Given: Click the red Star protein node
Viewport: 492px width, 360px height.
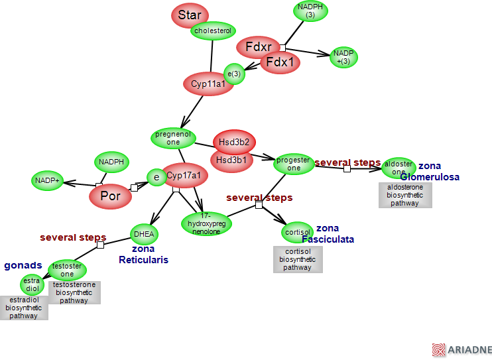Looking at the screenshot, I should pos(190,16).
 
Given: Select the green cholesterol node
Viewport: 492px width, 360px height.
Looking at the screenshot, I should pos(213,30).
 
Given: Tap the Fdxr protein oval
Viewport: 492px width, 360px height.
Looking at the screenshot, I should pos(258,47).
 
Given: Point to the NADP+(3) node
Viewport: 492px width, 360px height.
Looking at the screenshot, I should pos(343,57).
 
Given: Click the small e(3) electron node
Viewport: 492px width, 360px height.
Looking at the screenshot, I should pos(234,74).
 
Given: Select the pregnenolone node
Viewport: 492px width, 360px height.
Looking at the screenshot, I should pos(173,138).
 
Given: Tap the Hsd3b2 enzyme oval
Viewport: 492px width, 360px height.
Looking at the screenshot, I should pos(234,142).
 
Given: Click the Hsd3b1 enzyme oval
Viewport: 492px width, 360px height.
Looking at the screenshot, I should pos(231,160).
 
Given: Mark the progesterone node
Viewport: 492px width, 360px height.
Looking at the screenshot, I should pos(293,164).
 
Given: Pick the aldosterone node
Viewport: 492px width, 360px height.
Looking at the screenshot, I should pos(399,168).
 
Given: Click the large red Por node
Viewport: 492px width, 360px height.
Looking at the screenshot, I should pos(110,196).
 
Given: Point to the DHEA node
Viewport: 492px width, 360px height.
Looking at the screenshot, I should pos(144,233).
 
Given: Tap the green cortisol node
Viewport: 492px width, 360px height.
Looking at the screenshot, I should pos(297,233).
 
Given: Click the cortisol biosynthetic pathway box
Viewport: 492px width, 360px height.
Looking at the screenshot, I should pos(298,259).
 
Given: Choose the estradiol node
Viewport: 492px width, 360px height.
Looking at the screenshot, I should pos(32,284).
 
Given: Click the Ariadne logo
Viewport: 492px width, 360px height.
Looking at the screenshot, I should pos(461,349).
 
